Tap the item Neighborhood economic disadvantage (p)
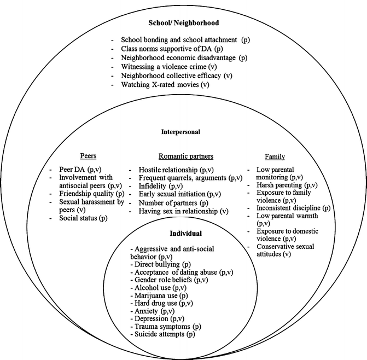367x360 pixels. (184, 57)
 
